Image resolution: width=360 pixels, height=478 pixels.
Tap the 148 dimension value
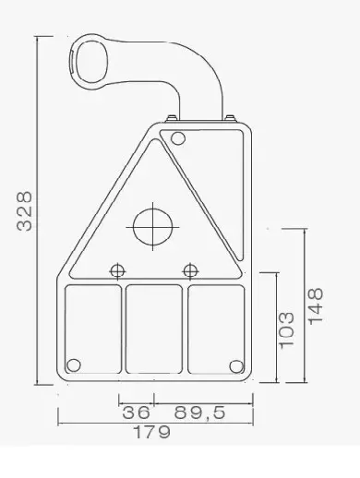(318, 305)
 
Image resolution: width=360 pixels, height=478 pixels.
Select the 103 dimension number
(287, 328)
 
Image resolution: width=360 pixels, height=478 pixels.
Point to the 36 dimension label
(136, 412)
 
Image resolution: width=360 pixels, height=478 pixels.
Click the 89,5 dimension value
(200, 412)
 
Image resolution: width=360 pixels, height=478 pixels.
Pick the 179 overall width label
(152, 434)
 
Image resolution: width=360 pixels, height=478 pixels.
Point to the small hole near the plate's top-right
(178, 139)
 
